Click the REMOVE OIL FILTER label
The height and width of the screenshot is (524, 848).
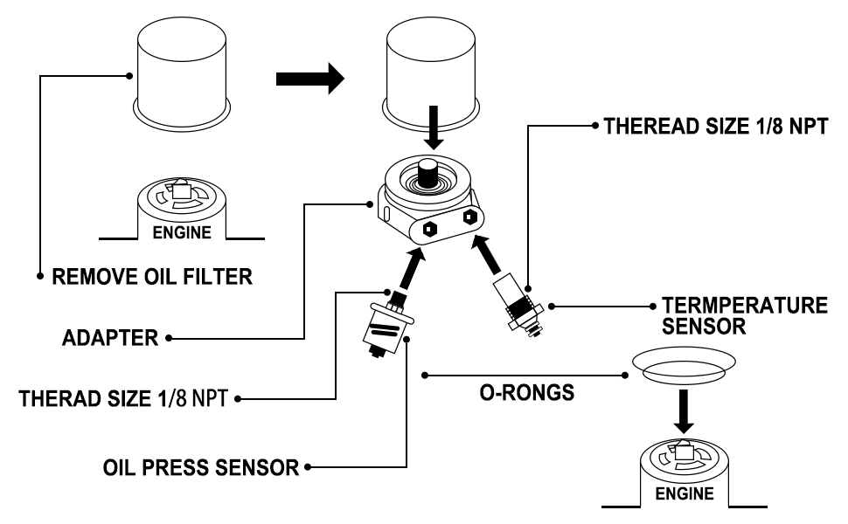(x=152, y=277)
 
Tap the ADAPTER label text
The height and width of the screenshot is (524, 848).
(x=110, y=338)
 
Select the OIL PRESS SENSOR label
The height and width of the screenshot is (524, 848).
(x=201, y=468)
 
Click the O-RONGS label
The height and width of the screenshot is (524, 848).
(x=527, y=393)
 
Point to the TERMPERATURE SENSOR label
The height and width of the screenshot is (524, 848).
(x=745, y=315)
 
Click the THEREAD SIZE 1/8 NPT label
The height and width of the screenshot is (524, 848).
(x=716, y=127)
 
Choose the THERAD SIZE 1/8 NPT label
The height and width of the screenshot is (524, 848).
(x=123, y=398)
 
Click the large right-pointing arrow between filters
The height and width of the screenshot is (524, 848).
(x=309, y=79)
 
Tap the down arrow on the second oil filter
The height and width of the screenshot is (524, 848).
(x=434, y=128)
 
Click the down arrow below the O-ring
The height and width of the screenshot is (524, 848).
(x=685, y=411)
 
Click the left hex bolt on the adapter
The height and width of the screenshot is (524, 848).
(x=429, y=229)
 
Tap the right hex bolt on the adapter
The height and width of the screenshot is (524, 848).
(x=469, y=217)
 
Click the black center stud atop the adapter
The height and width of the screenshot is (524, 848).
(x=428, y=173)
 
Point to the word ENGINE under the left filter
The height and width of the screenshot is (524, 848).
(x=182, y=233)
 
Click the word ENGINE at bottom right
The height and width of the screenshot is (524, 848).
(x=685, y=493)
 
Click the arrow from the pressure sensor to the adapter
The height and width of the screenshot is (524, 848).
(x=412, y=268)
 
